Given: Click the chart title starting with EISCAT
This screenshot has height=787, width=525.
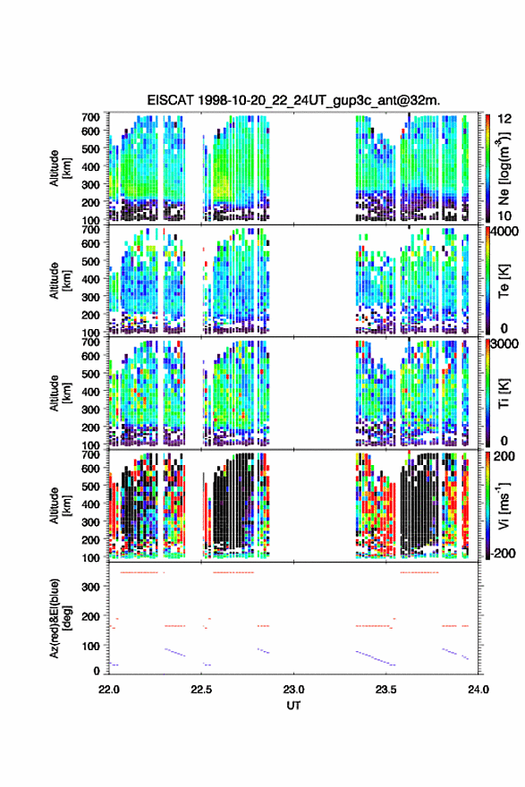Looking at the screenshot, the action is (293, 100).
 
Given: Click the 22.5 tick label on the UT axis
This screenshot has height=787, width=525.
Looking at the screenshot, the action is (201, 690).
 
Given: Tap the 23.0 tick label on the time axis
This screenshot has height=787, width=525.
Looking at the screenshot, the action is (293, 690).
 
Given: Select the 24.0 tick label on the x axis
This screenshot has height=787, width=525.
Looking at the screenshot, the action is (478, 690).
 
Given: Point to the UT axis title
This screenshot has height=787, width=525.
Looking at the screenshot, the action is (293, 706).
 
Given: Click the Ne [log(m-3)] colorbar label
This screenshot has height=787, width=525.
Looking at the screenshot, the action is (504, 168).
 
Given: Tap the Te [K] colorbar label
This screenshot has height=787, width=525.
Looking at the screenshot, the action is (504, 281).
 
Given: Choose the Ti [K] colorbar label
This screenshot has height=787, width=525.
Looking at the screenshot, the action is (504, 393).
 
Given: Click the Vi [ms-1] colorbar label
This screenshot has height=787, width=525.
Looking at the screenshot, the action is (504, 505).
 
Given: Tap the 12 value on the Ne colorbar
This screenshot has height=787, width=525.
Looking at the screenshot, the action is (505, 119).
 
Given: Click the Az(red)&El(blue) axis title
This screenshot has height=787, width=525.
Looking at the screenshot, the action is (60, 618).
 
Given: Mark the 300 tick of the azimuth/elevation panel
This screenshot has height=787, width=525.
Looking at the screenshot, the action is (91, 587).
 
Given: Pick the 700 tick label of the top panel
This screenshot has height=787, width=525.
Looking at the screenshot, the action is (91, 116).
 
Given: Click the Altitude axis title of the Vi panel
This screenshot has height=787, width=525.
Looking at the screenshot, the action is (60, 505).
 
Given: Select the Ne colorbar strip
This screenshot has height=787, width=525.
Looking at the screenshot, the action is (487, 168).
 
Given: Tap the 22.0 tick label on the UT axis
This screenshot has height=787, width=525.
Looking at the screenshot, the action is (109, 690).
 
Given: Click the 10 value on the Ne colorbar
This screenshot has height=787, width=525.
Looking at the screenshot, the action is (505, 216).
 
